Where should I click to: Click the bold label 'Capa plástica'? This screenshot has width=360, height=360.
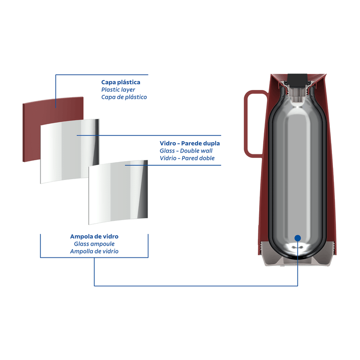[121, 82]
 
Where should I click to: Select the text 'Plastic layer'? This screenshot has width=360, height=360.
[118, 90]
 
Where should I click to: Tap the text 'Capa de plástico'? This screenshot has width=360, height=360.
[124, 97]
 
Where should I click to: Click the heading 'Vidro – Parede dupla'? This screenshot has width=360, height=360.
[190, 144]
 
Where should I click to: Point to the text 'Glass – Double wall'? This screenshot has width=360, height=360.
[186, 151]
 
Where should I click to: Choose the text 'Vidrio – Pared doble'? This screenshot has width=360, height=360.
[187, 158]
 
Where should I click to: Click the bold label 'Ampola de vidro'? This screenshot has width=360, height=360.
[94, 236]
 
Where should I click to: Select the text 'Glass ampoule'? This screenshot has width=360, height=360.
[94, 243]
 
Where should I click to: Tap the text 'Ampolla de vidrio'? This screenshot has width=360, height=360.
[94, 251]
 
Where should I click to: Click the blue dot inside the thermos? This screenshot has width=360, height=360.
[297, 238]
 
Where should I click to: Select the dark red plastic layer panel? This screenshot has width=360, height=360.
[31, 130]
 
